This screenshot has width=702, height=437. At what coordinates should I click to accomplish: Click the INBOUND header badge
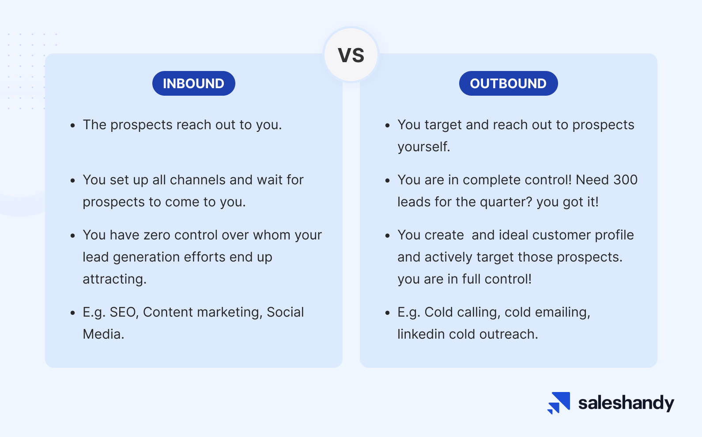click(194, 83)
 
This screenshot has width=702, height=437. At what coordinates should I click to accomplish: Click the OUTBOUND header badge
click(508, 83)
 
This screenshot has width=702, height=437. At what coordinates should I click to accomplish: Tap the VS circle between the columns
click(351, 55)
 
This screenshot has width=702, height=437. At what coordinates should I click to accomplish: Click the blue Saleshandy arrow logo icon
click(559, 403)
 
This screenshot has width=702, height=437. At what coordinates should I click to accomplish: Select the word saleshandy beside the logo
click(626, 403)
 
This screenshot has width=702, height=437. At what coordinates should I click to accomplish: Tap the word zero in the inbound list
click(157, 235)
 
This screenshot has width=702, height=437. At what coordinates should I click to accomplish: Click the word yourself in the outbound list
click(423, 147)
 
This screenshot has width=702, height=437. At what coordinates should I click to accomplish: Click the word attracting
click(114, 279)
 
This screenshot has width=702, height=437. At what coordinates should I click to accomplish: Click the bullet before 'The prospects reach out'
click(73, 126)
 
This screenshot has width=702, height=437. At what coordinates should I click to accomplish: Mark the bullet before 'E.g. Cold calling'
click(387, 313)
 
